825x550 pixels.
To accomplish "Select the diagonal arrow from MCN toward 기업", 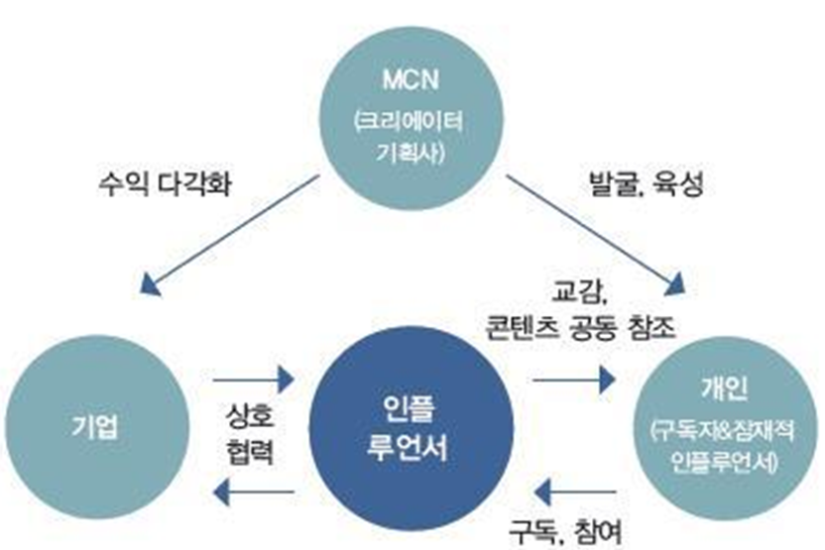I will pos(229,236).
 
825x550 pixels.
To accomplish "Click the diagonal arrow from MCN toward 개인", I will pos(595,236).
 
